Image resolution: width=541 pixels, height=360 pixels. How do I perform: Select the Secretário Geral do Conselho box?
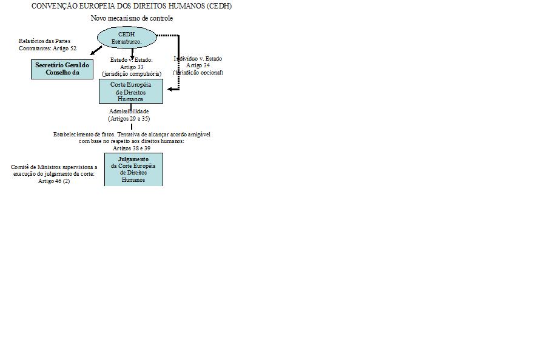(x=62, y=69)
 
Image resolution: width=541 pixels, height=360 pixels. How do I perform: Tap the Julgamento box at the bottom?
(x=133, y=169)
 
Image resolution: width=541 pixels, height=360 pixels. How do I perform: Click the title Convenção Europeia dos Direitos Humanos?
(x=131, y=6)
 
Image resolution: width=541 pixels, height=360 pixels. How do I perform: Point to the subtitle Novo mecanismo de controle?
(x=132, y=18)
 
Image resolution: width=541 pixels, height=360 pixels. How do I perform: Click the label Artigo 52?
(x=64, y=48)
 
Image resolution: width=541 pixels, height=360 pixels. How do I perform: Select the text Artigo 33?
(x=132, y=67)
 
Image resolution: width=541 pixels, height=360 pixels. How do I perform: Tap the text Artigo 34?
(x=198, y=65)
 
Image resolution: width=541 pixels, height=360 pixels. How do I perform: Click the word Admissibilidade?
(x=129, y=112)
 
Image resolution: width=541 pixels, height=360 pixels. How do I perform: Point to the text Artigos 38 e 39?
(x=132, y=148)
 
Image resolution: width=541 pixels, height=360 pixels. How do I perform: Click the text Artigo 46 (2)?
(x=54, y=181)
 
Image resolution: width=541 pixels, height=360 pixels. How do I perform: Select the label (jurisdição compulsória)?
(x=132, y=73)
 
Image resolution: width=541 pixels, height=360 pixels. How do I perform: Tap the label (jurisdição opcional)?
(x=198, y=73)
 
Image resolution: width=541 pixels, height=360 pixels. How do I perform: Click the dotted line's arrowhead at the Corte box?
(x=170, y=89)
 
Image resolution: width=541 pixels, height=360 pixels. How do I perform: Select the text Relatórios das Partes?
(x=44, y=41)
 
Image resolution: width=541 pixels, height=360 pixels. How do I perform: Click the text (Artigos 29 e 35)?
(x=129, y=119)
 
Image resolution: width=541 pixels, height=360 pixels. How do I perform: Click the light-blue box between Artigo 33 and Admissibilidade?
(x=131, y=92)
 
